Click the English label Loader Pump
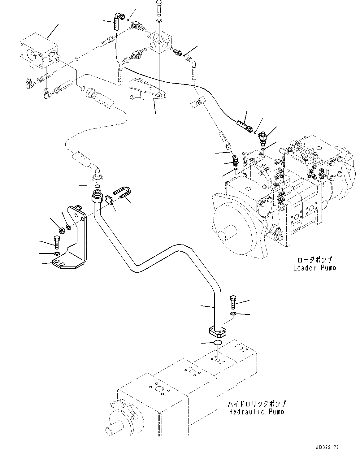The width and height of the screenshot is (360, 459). pos(314,268)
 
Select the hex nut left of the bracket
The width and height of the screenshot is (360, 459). pos(62,231)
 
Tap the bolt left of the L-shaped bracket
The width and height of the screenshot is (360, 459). pos(57,243)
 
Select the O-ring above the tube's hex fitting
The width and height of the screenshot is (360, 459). pos(98,186)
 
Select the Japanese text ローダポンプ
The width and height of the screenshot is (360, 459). pos(314,259)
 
